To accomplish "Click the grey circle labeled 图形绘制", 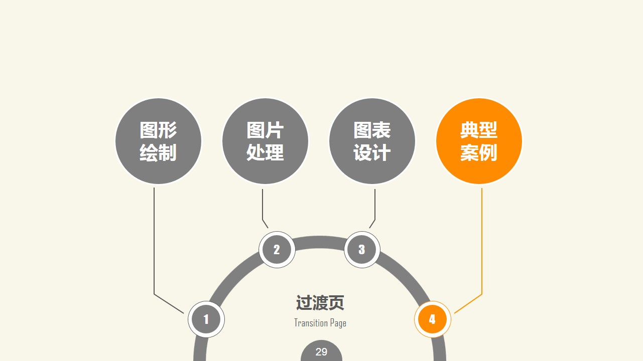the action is pyautogui.click(x=158, y=141).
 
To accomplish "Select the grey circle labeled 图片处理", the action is pyautogui.click(x=265, y=141).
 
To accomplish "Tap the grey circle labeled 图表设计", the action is pyautogui.click(x=372, y=141).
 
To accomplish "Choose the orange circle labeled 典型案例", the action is pyautogui.click(x=479, y=141).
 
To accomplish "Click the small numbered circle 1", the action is pyautogui.click(x=206, y=319).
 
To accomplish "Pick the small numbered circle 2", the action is pyautogui.click(x=277, y=250).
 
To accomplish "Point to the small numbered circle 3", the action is pyautogui.click(x=362, y=250).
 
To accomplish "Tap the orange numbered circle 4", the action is pyautogui.click(x=432, y=319).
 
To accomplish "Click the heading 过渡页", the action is pyautogui.click(x=320, y=302).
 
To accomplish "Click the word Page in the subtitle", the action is pyautogui.click(x=338, y=323).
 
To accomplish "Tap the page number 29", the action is pyautogui.click(x=321, y=351).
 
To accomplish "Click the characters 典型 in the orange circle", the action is pyautogui.click(x=479, y=130).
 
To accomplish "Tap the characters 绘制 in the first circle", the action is pyautogui.click(x=158, y=152).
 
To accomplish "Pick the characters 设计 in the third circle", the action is pyautogui.click(x=372, y=152).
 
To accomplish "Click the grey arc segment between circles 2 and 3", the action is pyautogui.click(x=319, y=242).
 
